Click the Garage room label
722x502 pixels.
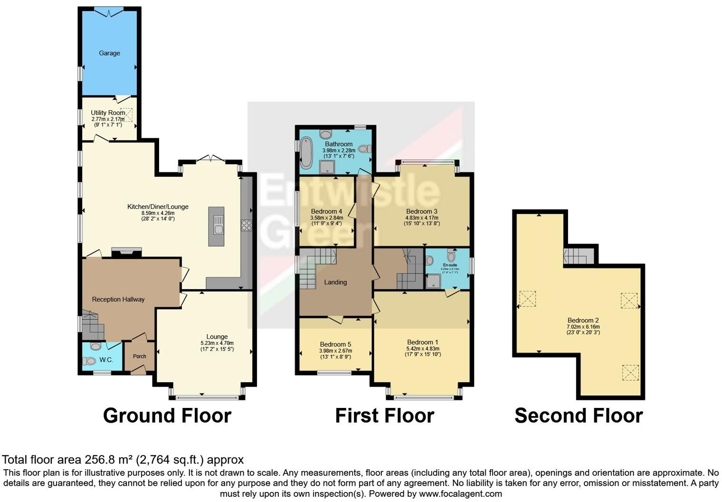[x=109, y=53]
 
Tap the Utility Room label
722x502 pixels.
[x=108, y=113]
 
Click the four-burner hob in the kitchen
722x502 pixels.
[x=246, y=225]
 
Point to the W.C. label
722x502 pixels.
[x=106, y=360]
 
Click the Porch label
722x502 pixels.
[x=140, y=356]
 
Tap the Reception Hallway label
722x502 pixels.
[x=118, y=299]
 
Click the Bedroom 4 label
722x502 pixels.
[x=326, y=211]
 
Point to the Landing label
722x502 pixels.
[x=335, y=282]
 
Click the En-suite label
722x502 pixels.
[x=450, y=265]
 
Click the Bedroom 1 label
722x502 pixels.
[x=423, y=342]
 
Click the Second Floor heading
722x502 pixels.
[x=578, y=416]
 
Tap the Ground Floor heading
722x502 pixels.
[x=167, y=416]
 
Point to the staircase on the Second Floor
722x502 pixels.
[x=579, y=256]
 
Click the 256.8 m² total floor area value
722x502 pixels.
[x=109, y=460]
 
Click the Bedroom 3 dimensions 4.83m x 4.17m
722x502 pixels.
[x=421, y=218]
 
